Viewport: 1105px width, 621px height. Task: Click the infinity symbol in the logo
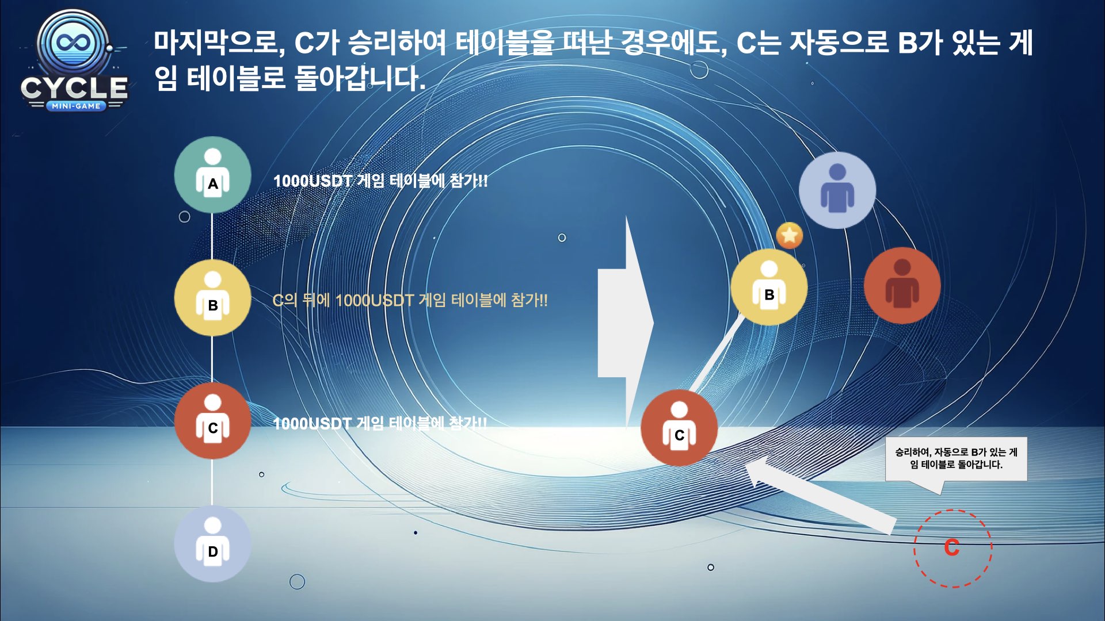click(x=73, y=43)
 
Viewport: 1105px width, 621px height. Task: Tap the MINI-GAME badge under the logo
click(x=76, y=106)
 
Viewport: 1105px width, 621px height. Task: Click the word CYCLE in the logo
click(x=74, y=88)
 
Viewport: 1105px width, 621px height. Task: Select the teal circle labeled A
click(x=213, y=175)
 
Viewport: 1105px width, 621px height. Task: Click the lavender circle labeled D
click(x=213, y=544)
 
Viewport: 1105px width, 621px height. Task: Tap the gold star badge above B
click(x=790, y=235)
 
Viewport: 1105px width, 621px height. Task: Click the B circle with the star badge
click(x=769, y=287)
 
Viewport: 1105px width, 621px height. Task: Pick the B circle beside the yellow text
click(x=213, y=298)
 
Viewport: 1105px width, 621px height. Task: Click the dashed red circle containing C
click(x=952, y=548)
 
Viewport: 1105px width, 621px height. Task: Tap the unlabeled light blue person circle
click(x=837, y=190)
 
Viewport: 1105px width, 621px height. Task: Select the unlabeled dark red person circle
click(x=902, y=286)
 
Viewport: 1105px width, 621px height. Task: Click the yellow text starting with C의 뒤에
click(x=410, y=300)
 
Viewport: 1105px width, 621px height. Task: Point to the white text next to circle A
click(x=380, y=181)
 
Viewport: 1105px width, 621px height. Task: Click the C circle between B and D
click(x=213, y=421)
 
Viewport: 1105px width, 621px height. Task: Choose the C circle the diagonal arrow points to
click(x=679, y=428)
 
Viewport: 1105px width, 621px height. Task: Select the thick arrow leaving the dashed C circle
click(x=820, y=495)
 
